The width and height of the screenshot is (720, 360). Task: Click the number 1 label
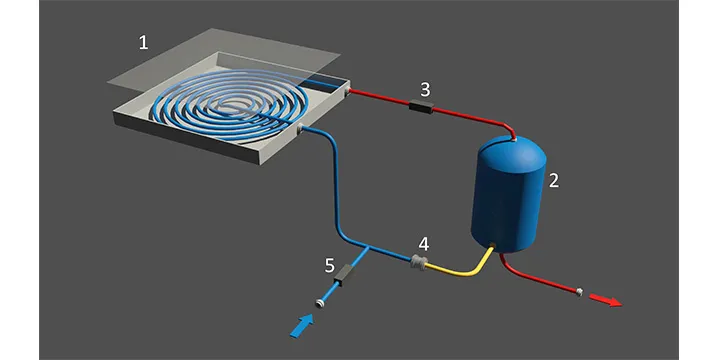(144, 43)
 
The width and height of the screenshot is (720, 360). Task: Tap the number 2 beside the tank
(554, 180)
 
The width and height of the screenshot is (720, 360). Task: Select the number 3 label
(425, 90)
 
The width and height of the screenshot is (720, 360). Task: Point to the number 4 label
(423, 244)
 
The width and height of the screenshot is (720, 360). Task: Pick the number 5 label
(330, 266)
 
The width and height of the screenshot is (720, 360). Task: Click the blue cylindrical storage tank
(508, 194)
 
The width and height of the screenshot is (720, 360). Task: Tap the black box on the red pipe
(421, 107)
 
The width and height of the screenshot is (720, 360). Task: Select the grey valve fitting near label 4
(417, 263)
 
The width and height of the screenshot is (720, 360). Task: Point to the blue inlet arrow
(302, 326)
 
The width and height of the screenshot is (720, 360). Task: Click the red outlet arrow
(605, 300)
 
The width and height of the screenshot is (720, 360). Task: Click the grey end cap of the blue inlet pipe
(320, 303)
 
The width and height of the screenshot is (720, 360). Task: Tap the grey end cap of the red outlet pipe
(579, 292)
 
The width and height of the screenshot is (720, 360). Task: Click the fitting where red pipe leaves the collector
(347, 91)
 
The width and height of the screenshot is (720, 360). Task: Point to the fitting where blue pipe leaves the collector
(301, 130)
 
